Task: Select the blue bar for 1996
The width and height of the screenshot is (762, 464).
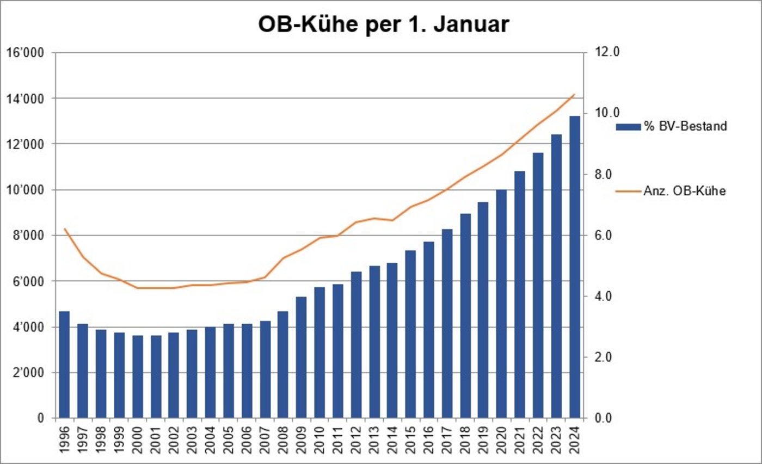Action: (x=64, y=364)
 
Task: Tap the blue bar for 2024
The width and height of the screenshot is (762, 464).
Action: (x=575, y=267)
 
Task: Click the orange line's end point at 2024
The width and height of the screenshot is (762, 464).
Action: (x=574, y=95)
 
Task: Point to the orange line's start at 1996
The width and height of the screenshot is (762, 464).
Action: (x=64, y=229)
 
